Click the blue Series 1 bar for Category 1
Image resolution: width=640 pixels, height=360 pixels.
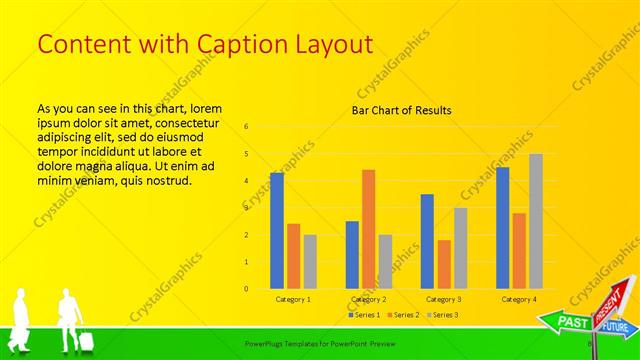[x=277, y=231]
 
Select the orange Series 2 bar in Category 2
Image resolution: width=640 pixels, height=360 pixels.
[x=369, y=229]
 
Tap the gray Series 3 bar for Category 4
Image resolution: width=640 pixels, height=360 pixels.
[x=536, y=221]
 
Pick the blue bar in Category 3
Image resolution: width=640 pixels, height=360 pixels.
[x=427, y=241]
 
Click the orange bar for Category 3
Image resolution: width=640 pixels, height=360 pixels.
[x=444, y=264]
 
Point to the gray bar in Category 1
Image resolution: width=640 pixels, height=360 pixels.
[x=310, y=262]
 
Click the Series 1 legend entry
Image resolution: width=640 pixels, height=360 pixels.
[x=364, y=315]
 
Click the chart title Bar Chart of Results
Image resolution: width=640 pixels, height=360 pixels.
[x=401, y=110]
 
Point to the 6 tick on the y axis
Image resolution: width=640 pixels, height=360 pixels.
[x=246, y=127]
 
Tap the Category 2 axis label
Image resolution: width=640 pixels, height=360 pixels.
[x=368, y=299]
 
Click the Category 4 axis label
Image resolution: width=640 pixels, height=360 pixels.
[x=519, y=299]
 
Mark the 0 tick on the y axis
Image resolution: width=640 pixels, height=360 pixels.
[x=246, y=289]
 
